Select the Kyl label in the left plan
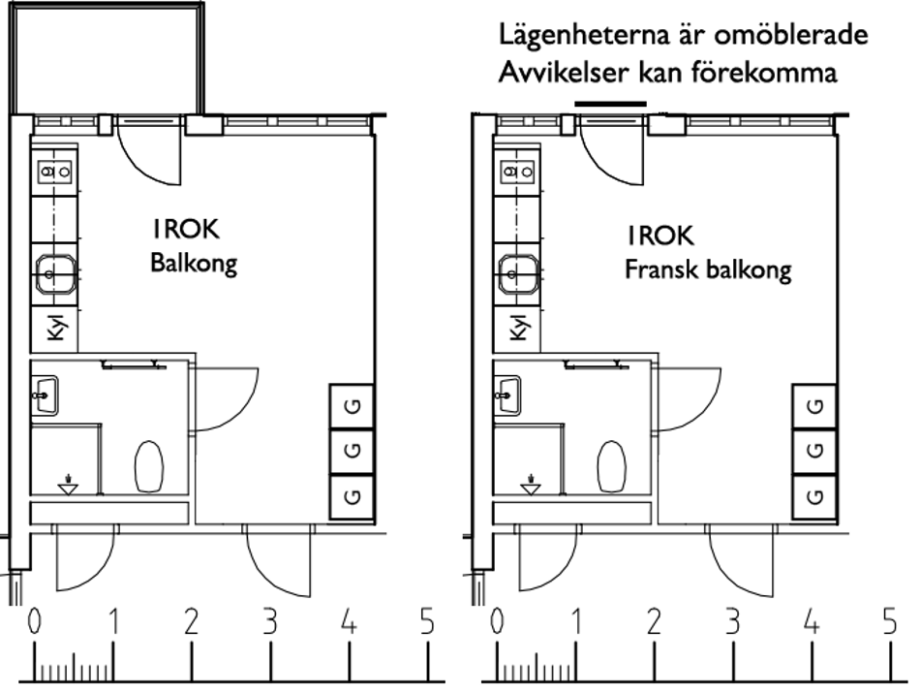(x=54, y=330)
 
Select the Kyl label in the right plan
(x=518, y=330)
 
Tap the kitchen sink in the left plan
(x=54, y=272)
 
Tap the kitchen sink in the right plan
(x=517, y=272)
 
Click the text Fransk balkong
(x=707, y=268)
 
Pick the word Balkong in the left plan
(x=193, y=264)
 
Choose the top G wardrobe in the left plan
(x=353, y=407)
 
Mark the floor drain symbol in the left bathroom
(x=68, y=483)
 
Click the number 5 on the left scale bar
(x=427, y=623)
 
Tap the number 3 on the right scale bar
(x=732, y=623)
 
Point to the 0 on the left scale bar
(x=36, y=623)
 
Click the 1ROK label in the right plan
(x=659, y=236)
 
